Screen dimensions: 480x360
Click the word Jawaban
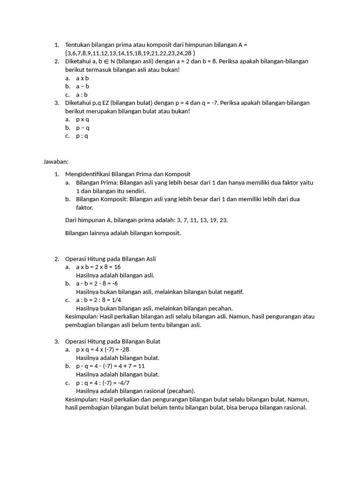[56, 162]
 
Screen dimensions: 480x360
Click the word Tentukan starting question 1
[78, 45]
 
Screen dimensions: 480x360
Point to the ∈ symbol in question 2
[106, 61]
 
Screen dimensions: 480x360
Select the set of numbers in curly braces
[130, 53]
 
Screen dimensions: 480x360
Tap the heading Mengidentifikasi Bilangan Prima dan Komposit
[127, 174]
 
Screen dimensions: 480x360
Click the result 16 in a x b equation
[117, 267]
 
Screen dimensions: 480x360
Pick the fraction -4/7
[123, 382]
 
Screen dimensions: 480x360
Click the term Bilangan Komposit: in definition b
[102, 199]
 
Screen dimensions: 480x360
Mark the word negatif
[233, 292]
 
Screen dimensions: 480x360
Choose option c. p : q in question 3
[82, 136]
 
